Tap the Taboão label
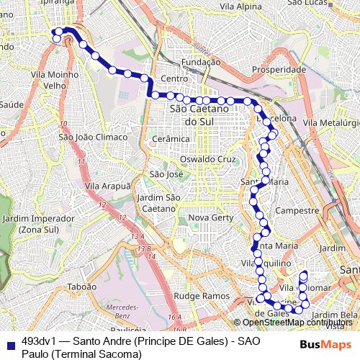pos(81,286)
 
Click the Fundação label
pos(201,63)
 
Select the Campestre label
pos(297,211)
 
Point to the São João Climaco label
pos(93,137)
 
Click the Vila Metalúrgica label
pos(331,124)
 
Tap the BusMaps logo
pos(320,345)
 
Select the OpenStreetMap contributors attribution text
pos(297,323)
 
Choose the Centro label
pos(174,78)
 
